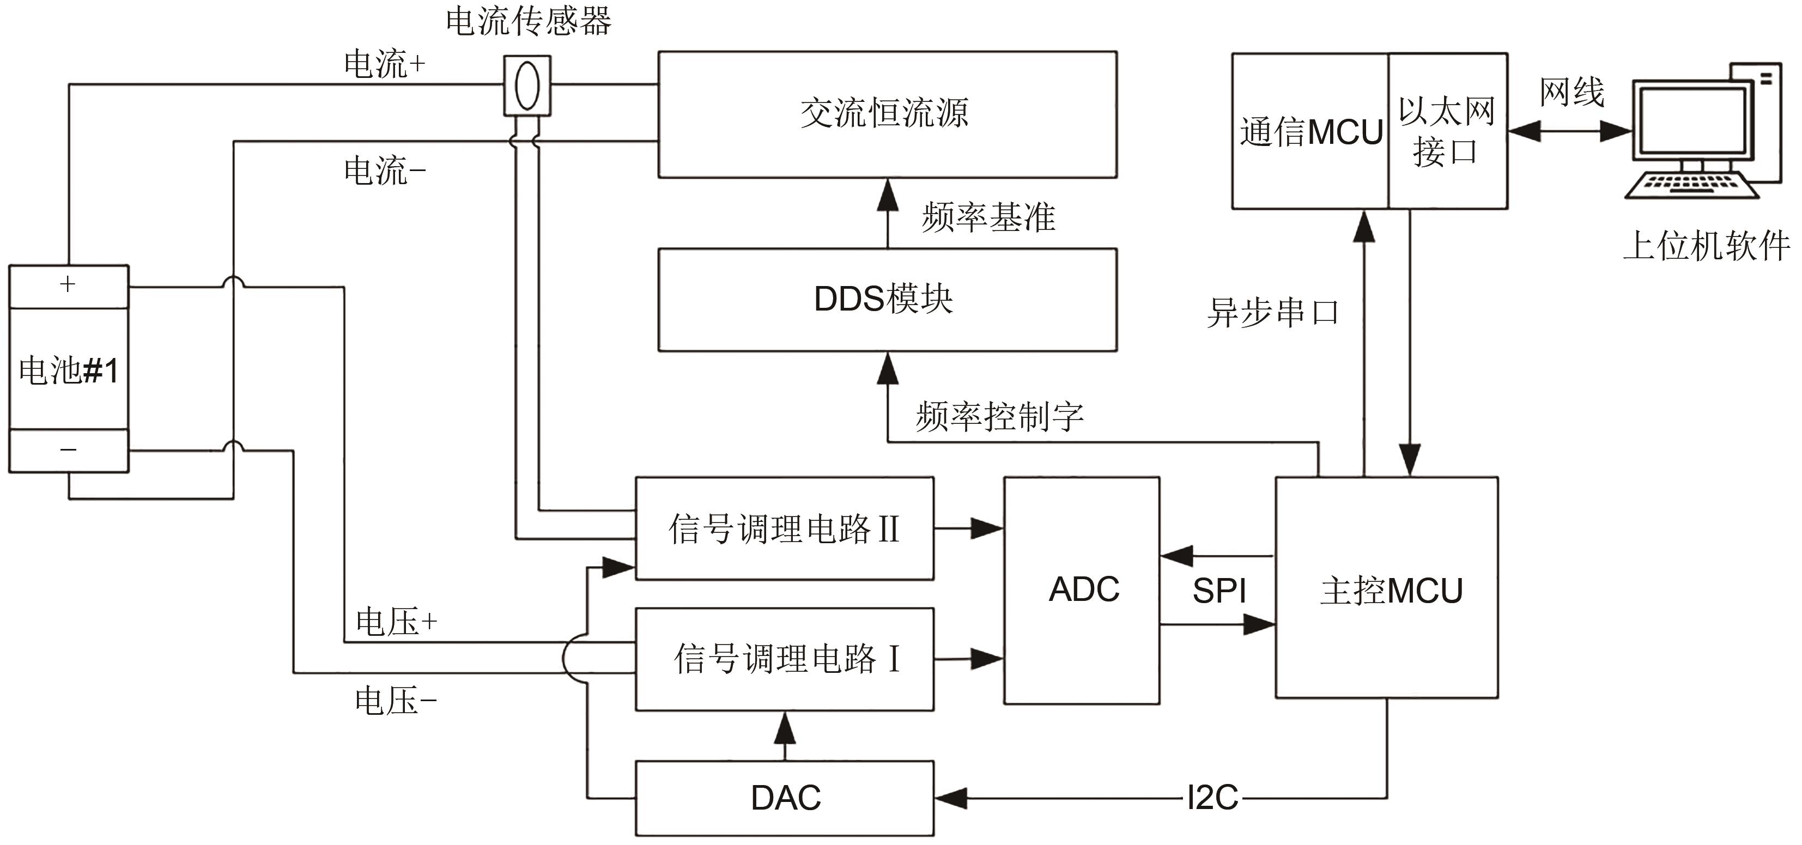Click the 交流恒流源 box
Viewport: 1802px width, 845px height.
point(887,114)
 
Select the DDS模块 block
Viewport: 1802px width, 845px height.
point(887,300)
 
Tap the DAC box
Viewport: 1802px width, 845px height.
point(784,798)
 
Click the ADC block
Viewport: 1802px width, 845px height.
point(1082,589)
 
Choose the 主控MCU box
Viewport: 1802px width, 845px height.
point(1386,589)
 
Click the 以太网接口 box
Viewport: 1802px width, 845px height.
point(1447,131)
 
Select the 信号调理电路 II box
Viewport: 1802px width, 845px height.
point(784,528)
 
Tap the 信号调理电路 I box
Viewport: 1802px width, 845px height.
point(784,659)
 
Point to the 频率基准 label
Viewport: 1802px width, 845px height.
point(988,217)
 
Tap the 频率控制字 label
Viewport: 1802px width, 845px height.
point(999,416)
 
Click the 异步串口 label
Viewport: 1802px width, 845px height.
point(1272,312)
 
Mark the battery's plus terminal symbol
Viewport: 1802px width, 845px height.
point(68,284)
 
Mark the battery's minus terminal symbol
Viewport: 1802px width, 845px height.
point(68,449)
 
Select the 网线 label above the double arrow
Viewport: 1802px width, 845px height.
point(1571,92)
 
